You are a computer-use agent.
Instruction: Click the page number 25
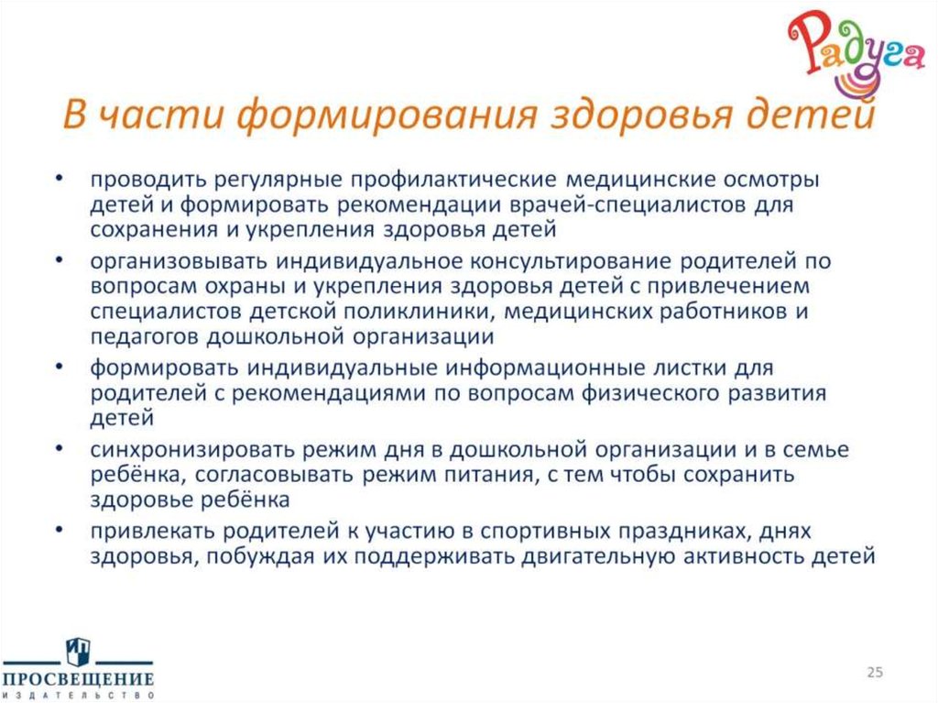(875, 673)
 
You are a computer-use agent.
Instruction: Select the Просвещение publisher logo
(77, 668)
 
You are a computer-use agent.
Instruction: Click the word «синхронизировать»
(183, 450)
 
